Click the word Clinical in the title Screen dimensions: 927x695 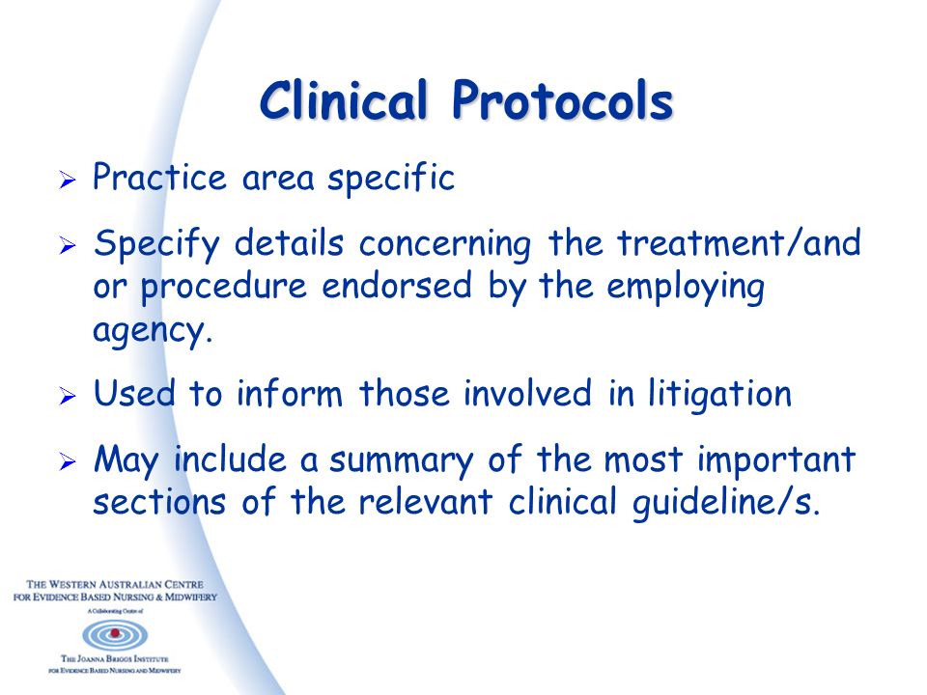(343, 99)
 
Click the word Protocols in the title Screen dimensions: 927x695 (562, 99)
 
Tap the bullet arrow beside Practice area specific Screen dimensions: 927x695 (68, 180)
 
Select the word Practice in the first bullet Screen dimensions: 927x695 (159, 177)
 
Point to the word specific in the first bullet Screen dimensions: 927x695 (391, 178)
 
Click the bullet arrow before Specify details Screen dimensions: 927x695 (68, 244)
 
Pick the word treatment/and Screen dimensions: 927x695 (739, 243)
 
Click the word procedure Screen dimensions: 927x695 (223, 288)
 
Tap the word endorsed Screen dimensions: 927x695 (397, 286)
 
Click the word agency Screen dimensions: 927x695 (153, 331)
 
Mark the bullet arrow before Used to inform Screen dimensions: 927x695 (68, 396)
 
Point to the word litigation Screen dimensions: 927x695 (719, 395)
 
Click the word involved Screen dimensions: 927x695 (527, 393)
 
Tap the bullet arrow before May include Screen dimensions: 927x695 (68, 461)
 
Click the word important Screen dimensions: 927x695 (776, 460)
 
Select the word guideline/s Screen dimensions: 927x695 (726, 503)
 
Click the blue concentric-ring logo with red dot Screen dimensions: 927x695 (115, 635)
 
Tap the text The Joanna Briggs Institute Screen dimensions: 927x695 (115, 658)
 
